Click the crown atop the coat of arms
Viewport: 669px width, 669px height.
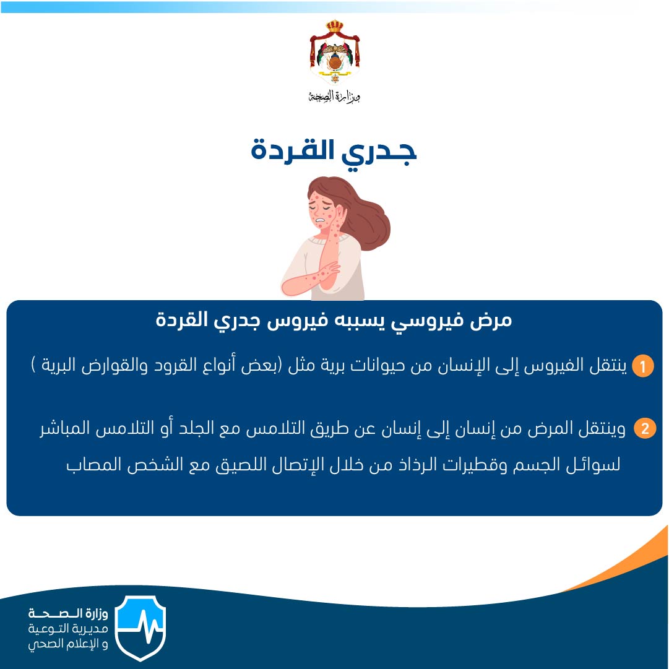click(334, 25)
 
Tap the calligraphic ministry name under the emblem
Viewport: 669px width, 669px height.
click(335, 97)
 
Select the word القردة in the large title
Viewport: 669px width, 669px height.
click(292, 150)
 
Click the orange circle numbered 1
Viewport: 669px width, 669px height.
click(642, 366)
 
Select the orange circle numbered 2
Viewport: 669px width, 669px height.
click(645, 428)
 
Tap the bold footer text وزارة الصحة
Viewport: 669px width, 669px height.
click(68, 613)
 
